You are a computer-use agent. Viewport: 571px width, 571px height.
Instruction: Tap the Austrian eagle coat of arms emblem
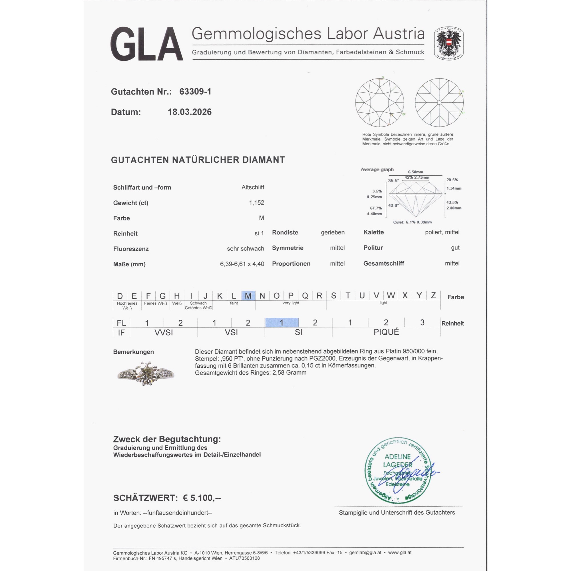(x=448, y=43)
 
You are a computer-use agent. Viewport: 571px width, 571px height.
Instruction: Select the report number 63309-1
(x=195, y=92)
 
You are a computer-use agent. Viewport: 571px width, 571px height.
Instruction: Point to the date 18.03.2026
(x=190, y=112)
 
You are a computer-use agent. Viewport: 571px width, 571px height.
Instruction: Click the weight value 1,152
(x=256, y=203)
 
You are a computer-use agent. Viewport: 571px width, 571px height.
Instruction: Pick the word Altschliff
(x=253, y=187)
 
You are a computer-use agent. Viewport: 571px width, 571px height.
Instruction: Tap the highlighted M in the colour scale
(x=248, y=296)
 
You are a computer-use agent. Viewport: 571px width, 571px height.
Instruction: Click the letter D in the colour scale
(x=120, y=296)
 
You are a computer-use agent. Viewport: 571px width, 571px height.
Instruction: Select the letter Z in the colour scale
(x=433, y=295)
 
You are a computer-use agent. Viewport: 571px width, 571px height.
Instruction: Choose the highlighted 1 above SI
(x=282, y=323)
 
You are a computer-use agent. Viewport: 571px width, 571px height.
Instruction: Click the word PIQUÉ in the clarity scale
(x=386, y=332)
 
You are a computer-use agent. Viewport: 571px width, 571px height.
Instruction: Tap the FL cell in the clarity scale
(x=121, y=323)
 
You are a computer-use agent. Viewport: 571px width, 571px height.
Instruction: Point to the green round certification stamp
(x=398, y=471)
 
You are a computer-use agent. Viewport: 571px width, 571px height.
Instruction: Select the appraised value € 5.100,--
(x=202, y=498)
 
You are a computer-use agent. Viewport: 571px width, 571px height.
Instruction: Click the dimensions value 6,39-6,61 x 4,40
(x=242, y=264)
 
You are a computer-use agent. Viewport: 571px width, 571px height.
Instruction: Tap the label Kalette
(x=373, y=232)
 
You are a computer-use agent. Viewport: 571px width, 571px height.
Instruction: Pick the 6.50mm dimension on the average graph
(x=415, y=172)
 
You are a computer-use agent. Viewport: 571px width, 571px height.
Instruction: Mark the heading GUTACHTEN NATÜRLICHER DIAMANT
(x=198, y=160)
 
